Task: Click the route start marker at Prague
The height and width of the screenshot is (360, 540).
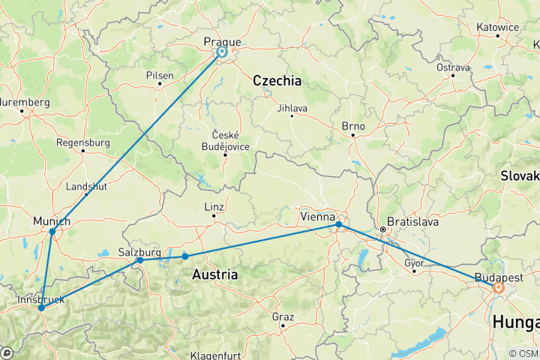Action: click(x=222, y=52)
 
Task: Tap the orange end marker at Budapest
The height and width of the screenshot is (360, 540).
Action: click(x=498, y=286)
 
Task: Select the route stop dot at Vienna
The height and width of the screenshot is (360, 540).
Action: click(x=339, y=224)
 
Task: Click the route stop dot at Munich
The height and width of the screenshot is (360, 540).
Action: click(x=52, y=231)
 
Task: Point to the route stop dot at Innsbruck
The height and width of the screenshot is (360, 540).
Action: click(x=41, y=308)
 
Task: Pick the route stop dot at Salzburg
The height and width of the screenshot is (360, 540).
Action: click(x=140, y=259)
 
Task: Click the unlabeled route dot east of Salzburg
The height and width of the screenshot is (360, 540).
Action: click(x=185, y=256)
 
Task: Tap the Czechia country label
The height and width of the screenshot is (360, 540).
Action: click(x=277, y=80)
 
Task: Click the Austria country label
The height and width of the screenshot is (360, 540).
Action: click(x=215, y=275)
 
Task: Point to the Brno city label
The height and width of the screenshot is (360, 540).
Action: click(x=352, y=126)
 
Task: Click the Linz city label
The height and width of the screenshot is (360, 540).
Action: click(x=214, y=207)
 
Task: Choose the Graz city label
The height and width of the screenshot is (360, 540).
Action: click(x=283, y=316)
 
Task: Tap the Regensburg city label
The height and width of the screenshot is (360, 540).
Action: click(x=82, y=141)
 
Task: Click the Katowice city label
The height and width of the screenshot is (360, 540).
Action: click(x=497, y=27)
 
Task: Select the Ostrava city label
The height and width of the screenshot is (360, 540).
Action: click(x=453, y=67)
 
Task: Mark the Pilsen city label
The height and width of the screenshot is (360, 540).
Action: click(x=160, y=75)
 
